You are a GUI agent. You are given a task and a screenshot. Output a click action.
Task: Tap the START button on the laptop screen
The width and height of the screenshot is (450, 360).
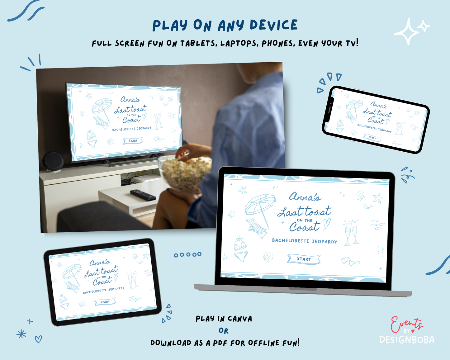304,259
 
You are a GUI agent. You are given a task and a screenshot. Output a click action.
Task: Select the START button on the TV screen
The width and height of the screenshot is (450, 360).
133,140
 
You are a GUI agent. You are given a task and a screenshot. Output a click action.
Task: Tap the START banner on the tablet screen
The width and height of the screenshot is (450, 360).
105,302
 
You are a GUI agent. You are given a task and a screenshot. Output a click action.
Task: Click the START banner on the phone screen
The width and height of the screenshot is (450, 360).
372,137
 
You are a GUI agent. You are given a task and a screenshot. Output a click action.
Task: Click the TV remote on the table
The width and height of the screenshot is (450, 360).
143,194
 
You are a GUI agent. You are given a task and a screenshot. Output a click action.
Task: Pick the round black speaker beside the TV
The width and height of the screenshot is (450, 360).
53,161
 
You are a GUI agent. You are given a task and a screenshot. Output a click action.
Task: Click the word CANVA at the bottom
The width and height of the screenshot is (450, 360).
240,319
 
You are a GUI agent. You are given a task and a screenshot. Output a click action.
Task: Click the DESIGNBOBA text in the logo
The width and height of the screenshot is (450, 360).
407,340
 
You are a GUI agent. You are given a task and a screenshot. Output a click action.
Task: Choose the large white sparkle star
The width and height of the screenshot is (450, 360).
407,32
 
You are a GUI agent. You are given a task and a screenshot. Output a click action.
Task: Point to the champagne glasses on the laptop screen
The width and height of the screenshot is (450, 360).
351,233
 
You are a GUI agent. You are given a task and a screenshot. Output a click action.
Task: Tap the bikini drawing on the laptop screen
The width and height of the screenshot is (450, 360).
240,249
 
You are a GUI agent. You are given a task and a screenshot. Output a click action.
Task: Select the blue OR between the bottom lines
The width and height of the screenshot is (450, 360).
224,331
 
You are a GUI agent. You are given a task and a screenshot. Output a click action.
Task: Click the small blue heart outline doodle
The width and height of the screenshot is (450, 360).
38,339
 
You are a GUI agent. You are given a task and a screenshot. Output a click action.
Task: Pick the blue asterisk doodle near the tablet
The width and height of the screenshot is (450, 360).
21,334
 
